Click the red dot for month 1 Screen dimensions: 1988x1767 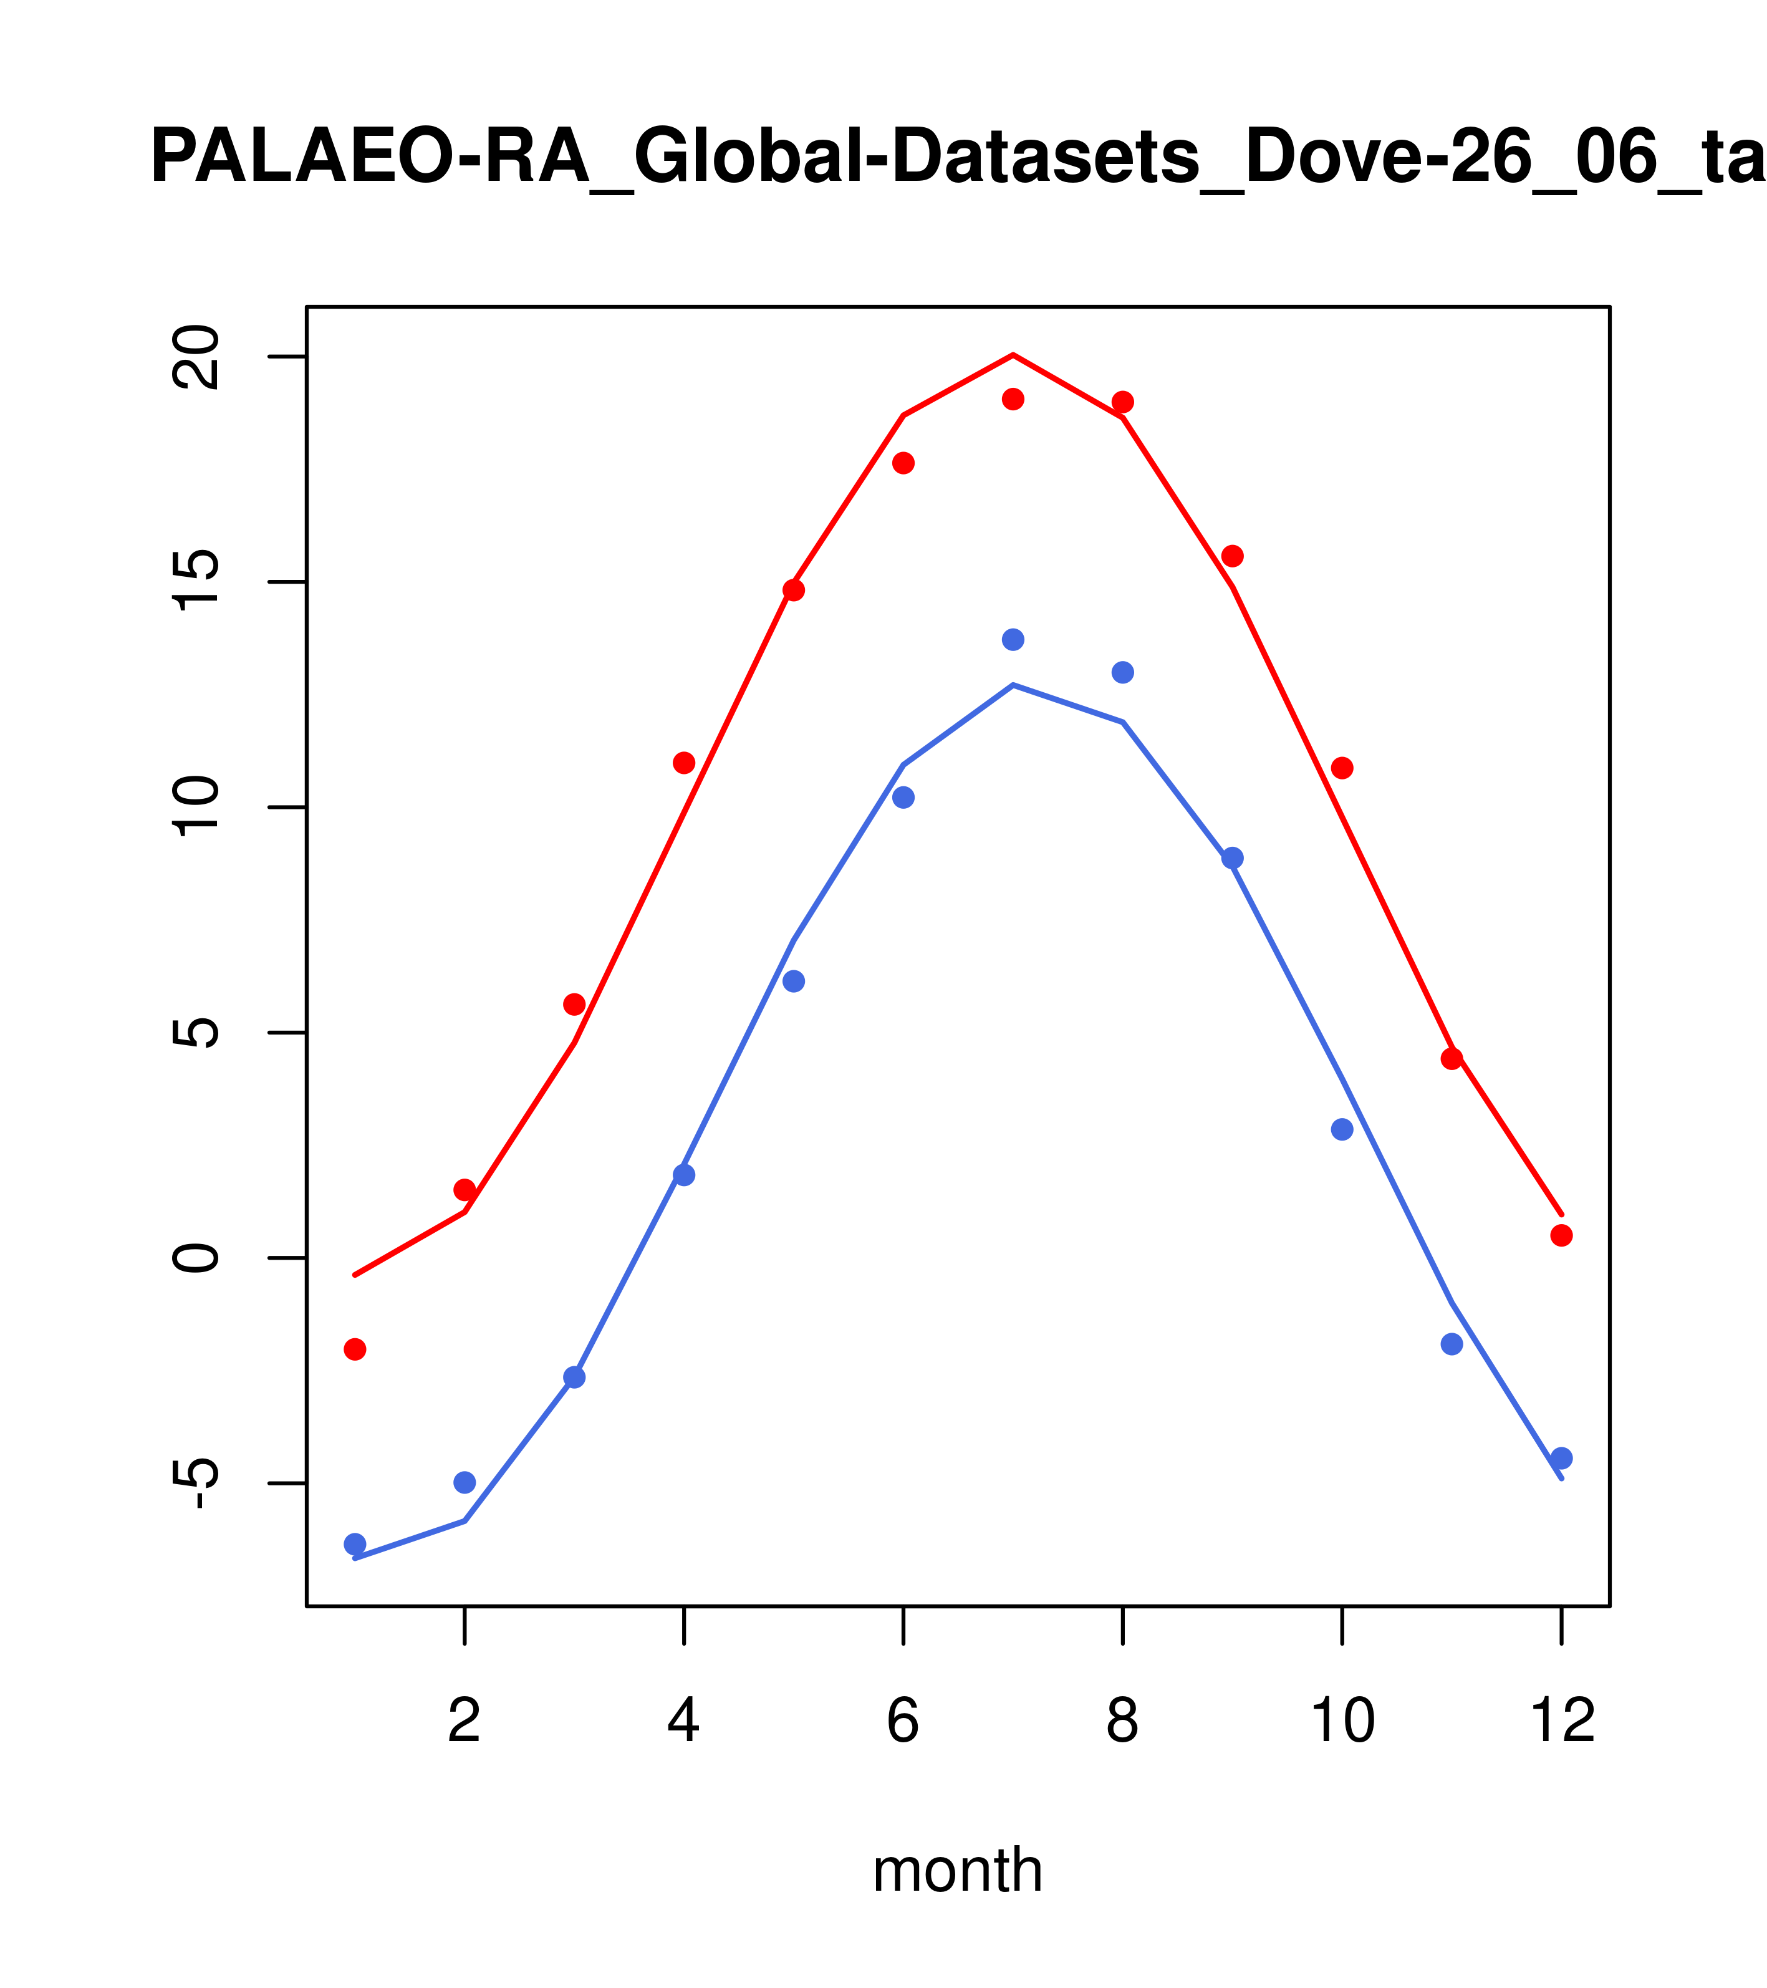(355, 1349)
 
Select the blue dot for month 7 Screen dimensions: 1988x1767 (1013, 639)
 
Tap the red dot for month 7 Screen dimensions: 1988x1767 (1013, 398)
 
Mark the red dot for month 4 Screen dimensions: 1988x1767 (683, 763)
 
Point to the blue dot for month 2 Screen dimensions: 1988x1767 (465, 1482)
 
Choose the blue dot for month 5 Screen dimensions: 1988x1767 (794, 982)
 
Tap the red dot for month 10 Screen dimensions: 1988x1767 (1342, 768)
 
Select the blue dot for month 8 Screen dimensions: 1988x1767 (1123, 672)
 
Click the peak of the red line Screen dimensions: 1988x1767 (1013, 355)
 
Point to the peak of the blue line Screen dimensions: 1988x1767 (1013, 686)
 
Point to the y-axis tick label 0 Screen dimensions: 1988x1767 (195, 1258)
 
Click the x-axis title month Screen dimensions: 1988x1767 (958, 1870)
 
